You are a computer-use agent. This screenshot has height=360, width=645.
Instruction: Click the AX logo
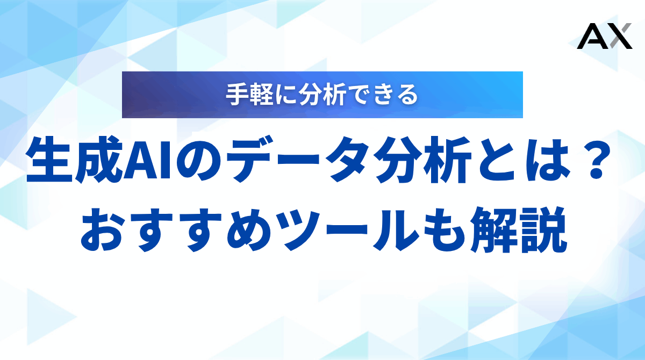[x=604, y=37]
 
